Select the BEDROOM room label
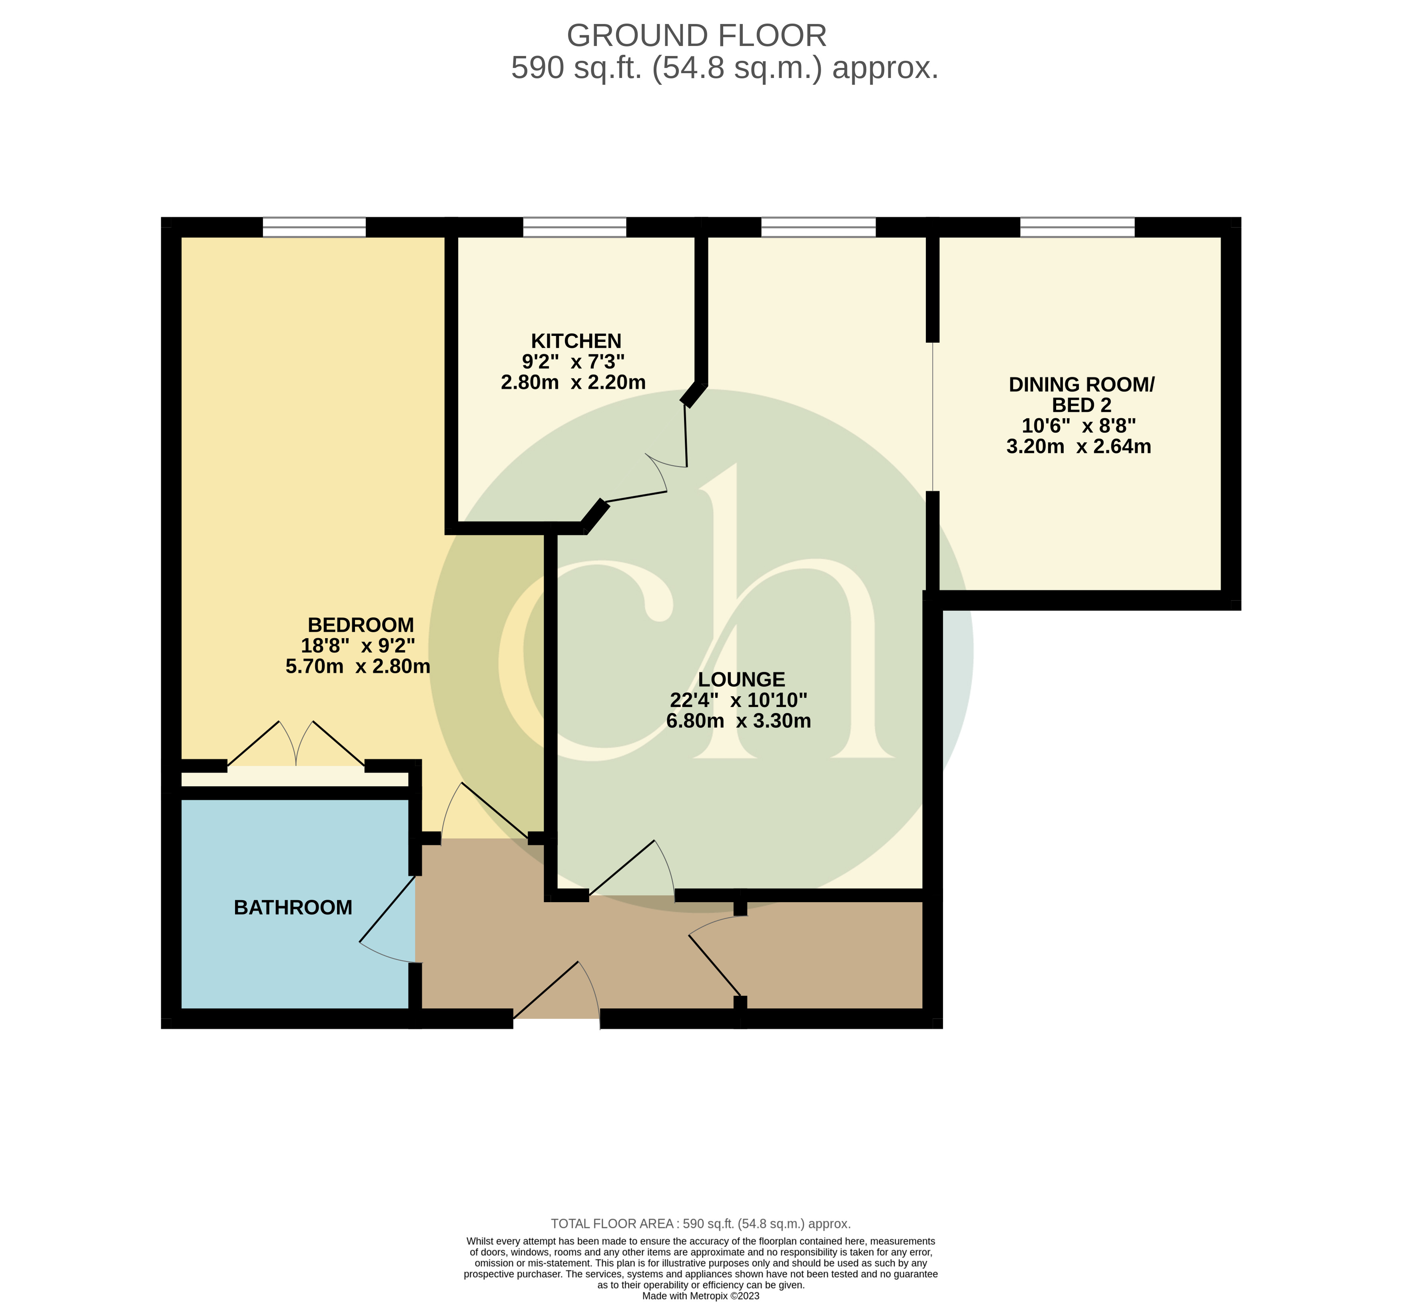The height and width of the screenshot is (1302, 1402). tap(361, 625)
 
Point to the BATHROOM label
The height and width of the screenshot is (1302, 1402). tap(293, 907)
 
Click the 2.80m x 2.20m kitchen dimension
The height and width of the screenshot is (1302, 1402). tap(573, 383)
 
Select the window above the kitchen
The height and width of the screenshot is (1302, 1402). tap(574, 227)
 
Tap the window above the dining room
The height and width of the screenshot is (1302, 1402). tap(1077, 227)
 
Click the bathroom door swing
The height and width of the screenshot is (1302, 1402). tap(387, 923)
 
